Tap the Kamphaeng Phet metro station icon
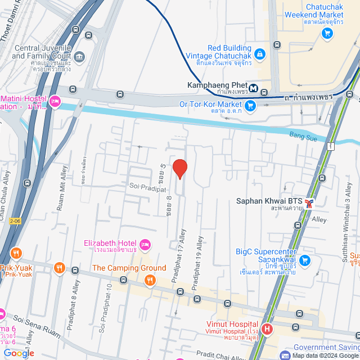pos(254,88)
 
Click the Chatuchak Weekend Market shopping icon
pos(327,34)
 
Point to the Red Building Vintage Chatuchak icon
pos(259,53)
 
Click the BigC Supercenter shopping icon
pos(305,260)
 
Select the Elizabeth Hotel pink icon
pos(145,244)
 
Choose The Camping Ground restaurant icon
pos(150,280)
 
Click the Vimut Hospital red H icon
pos(267,328)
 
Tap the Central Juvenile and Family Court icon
pos(79,56)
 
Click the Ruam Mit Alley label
pos(62,191)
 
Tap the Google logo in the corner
pos(19,353)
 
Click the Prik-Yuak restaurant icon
pos(16,253)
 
